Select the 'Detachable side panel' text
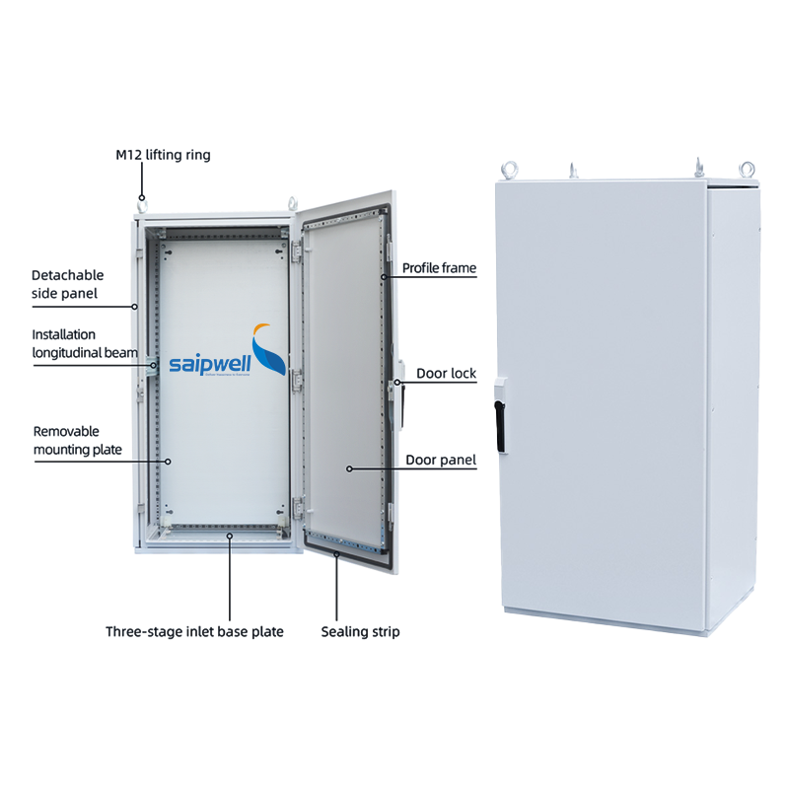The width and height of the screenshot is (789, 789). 67,284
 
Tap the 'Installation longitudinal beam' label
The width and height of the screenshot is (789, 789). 85,343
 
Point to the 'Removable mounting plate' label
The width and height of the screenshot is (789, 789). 78,440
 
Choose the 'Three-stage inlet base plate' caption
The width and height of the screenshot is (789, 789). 194,631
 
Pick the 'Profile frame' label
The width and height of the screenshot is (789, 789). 439,267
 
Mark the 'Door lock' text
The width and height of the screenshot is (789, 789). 446,373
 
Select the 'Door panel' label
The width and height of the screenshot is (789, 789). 441,460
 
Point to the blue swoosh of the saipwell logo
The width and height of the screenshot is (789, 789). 269,357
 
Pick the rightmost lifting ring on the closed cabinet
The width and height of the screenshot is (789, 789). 747,170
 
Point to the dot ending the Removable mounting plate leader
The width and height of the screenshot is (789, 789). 168,461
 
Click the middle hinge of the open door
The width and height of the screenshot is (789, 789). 295,373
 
